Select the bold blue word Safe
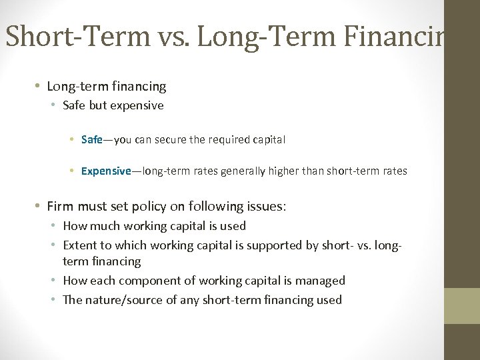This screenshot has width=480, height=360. [x=91, y=140]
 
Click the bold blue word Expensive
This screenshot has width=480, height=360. [x=106, y=171]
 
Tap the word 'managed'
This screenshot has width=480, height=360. [x=322, y=281]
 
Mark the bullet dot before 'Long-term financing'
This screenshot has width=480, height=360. [x=37, y=87]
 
